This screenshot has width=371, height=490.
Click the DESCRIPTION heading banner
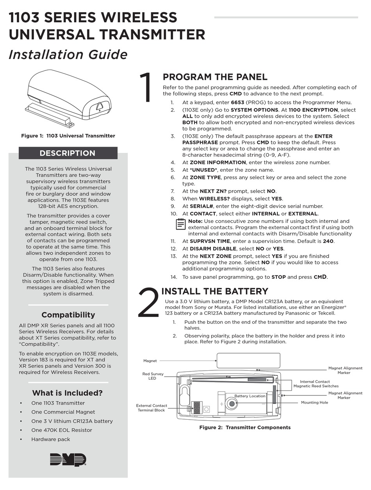[68, 153]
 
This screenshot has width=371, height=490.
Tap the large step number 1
[147, 88]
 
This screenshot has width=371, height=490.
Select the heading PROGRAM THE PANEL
[215, 77]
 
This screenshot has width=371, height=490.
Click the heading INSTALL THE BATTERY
[214, 291]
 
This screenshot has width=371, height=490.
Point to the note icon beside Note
[180, 224]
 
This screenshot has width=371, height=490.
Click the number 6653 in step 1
[232, 102]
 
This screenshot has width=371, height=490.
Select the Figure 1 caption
[68, 136]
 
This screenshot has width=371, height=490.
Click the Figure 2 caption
[245, 427]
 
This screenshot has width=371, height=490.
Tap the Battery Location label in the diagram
[250, 396]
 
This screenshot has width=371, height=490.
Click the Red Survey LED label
[152, 376]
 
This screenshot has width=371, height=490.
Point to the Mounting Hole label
[314, 402]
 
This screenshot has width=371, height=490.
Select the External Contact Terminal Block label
[152, 408]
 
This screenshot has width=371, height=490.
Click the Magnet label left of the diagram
[150, 361]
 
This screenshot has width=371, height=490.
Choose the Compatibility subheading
[68, 315]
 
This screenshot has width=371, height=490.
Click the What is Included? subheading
[68, 393]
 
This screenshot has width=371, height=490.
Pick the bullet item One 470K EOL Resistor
[62, 430]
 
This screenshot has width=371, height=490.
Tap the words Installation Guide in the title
[68, 54]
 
